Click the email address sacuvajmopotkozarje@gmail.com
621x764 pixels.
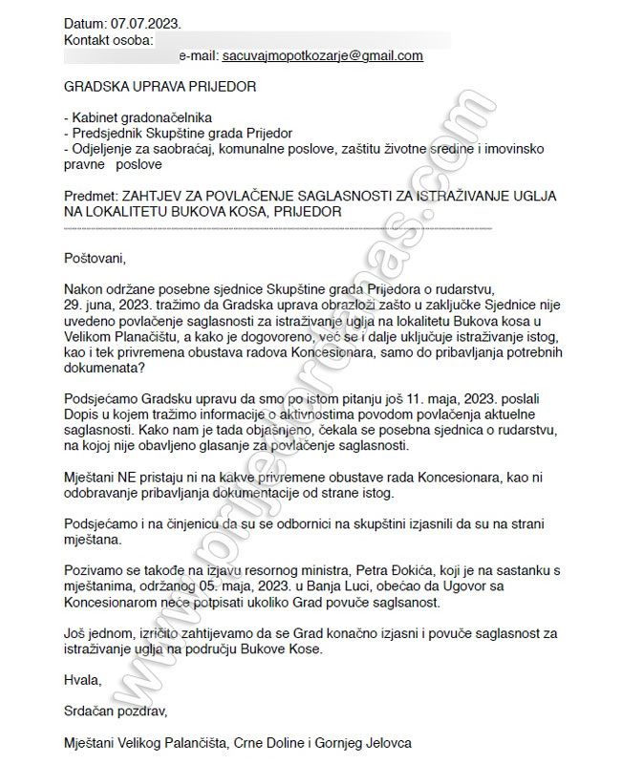click(322, 55)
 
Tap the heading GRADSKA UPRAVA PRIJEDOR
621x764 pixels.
click(160, 87)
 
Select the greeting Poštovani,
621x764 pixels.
click(95, 258)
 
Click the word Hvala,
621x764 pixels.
click(82, 680)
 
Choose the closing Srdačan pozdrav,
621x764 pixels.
click(116, 711)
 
